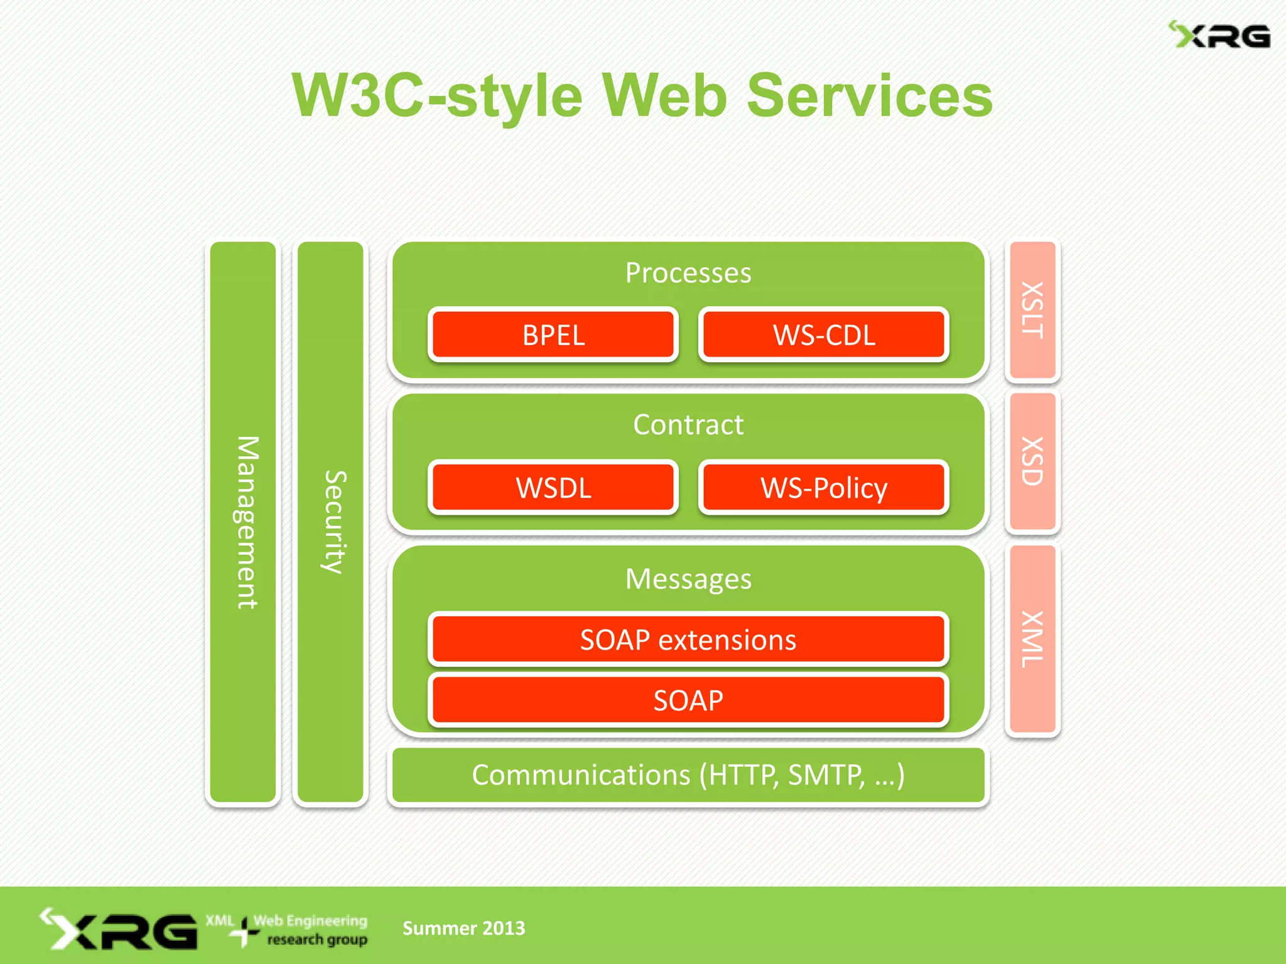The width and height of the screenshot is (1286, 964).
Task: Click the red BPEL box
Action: pyautogui.click(x=553, y=335)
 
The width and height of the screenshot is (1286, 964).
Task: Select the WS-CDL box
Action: pyautogui.click(x=823, y=335)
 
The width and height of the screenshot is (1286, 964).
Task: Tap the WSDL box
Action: pyautogui.click(x=553, y=488)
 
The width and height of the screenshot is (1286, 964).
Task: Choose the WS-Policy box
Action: pyautogui.click(x=823, y=488)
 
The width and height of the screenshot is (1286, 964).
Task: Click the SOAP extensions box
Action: pyautogui.click(x=688, y=640)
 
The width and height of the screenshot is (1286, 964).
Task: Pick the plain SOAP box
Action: pyautogui.click(x=688, y=700)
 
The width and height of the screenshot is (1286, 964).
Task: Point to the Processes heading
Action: pyautogui.click(x=688, y=273)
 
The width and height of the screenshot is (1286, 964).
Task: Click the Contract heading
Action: pyautogui.click(x=688, y=425)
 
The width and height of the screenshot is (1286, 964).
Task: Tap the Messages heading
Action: pyautogui.click(x=688, y=579)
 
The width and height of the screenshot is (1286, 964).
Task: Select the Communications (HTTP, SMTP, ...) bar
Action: pyautogui.click(x=688, y=775)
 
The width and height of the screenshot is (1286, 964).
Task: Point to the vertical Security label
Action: pyautogui.click(x=333, y=522)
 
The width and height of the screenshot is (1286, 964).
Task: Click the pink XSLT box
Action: pyautogui.click(x=1032, y=310)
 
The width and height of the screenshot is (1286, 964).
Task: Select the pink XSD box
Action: pyautogui.click(x=1032, y=462)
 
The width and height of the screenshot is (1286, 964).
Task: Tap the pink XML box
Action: pyautogui.click(x=1032, y=640)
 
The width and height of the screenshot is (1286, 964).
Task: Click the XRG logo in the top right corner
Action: pyautogui.click(x=1219, y=36)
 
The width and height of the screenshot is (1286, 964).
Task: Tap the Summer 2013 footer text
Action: pyautogui.click(x=463, y=928)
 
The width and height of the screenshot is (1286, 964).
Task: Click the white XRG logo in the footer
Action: pyautogui.click(x=119, y=929)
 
